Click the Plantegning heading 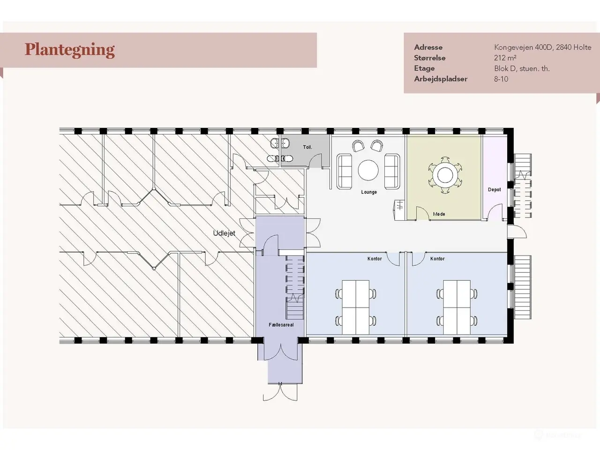[70, 50]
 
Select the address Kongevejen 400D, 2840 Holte [543, 47]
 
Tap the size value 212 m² [505, 58]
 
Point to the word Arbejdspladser [441, 79]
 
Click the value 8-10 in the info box [501, 79]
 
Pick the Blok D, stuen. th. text [522, 68]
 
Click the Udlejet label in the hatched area [224, 233]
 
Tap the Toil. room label [307, 147]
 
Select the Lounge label [369, 192]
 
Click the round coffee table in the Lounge [368, 170]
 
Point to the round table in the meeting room [445, 175]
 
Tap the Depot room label [495, 190]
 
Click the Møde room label [439, 214]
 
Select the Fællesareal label [281, 325]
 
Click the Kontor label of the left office [375, 258]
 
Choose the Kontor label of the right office [437, 258]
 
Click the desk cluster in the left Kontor [356, 307]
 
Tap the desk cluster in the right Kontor [457, 307]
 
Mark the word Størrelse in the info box [430, 58]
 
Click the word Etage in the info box [424, 68]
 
